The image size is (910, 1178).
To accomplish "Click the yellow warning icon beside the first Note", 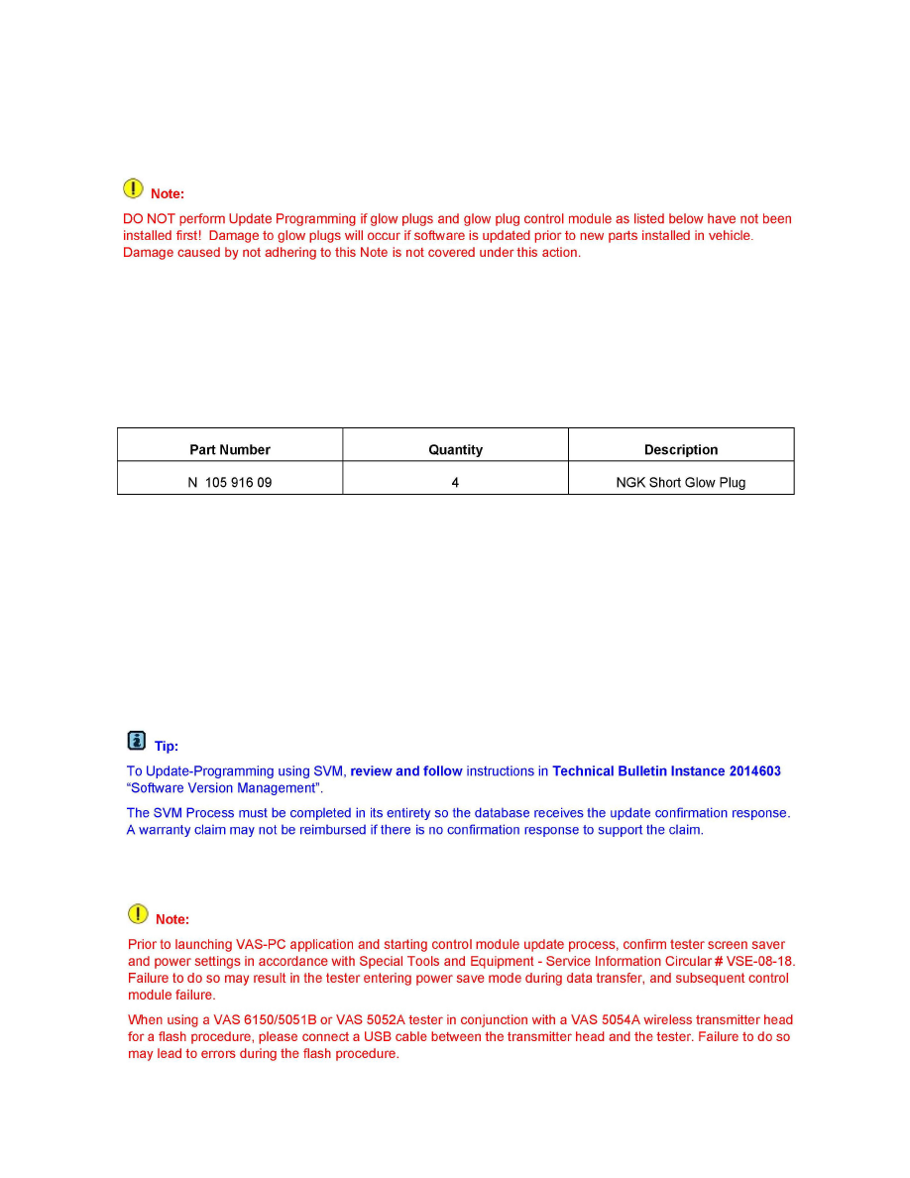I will (133, 187).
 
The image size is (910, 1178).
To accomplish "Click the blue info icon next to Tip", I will (137, 740).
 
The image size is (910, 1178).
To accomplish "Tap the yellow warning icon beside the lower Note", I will (138, 913).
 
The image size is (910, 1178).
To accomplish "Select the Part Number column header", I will (230, 449).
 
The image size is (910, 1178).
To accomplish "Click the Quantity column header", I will (455, 449).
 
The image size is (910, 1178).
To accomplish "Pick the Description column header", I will (681, 449).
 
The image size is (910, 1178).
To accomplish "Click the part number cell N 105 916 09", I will (230, 483).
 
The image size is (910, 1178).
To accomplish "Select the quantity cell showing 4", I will (455, 483).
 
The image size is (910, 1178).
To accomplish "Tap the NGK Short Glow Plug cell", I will (681, 483).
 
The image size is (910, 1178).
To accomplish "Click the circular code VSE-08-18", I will (761, 962).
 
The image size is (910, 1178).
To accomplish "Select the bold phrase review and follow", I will (406, 771).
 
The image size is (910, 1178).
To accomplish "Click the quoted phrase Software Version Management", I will (224, 789).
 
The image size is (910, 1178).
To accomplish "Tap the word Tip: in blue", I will (167, 747).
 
